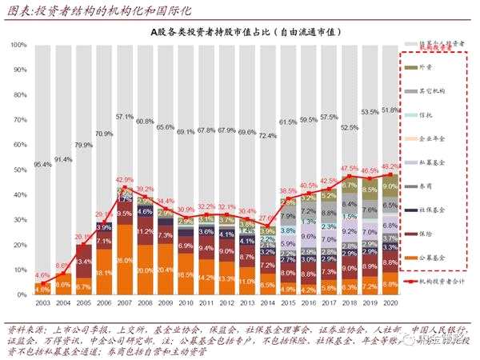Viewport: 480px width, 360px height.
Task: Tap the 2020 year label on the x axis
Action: point(390,304)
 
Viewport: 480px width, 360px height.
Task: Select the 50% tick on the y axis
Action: point(21,170)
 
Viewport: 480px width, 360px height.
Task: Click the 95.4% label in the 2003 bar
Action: point(42,165)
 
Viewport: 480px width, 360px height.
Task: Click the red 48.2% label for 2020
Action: point(390,166)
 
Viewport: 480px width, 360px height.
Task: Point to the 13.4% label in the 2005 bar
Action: point(83,262)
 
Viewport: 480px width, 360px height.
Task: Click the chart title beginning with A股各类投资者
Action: point(240,31)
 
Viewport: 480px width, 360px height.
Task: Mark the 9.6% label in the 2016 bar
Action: point(308,237)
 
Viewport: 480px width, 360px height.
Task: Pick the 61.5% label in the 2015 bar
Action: point(288,122)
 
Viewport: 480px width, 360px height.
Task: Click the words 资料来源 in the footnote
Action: point(23,328)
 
